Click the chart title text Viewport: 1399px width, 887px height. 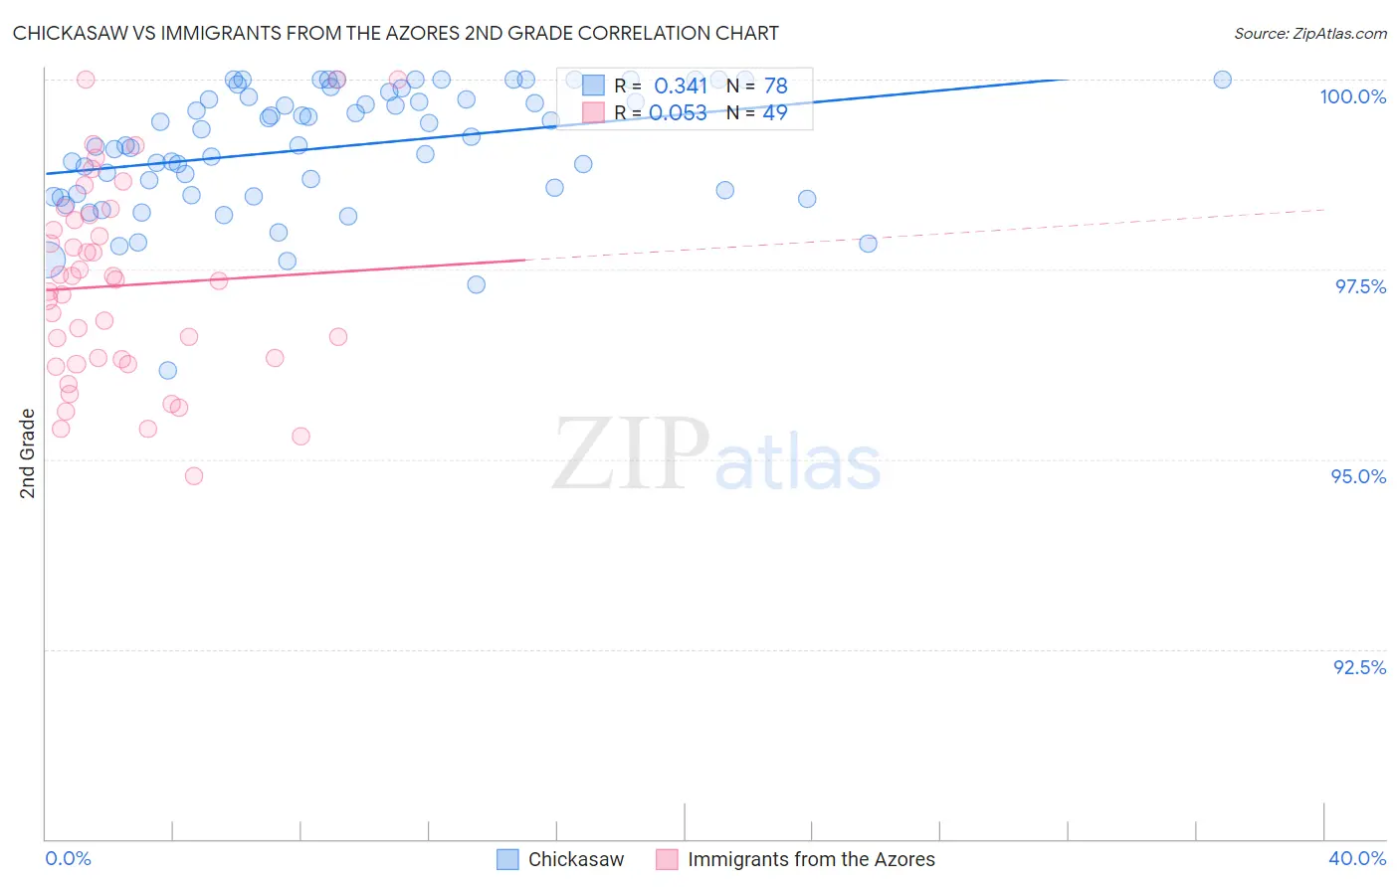coord(395,33)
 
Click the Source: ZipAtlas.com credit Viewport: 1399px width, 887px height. coord(1309,33)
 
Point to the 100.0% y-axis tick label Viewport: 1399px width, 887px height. coord(1352,96)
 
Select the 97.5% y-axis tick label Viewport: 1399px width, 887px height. coord(1359,286)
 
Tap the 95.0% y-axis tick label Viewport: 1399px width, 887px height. coord(1358,476)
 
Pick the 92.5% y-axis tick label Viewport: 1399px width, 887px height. coord(1359,667)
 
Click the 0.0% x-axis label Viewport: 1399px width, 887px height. coord(68,858)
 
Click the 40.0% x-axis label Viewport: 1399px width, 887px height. coord(1356,858)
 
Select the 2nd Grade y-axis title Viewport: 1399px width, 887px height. coord(28,453)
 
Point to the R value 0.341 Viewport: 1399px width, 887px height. coord(681,87)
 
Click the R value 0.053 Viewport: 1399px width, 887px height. coord(681,113)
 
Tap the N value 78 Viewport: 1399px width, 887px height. coord(775,87)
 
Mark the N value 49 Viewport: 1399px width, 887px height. coord(775,113)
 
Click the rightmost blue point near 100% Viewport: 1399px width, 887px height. coord(1222,80)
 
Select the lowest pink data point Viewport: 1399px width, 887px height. coord(194,476)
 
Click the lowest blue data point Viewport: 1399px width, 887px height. coord(168,370)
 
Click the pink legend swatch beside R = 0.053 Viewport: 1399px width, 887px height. coord(593,113)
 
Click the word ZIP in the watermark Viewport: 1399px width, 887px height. coord(630,454)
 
